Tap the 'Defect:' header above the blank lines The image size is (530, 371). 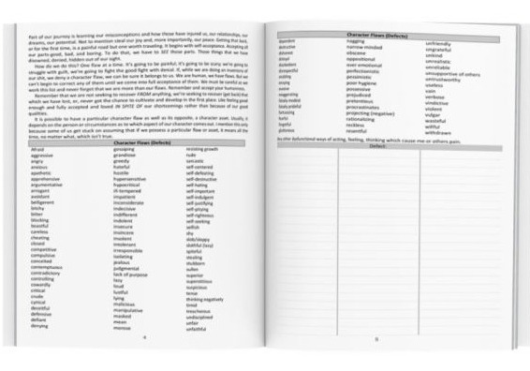coord(377,144)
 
